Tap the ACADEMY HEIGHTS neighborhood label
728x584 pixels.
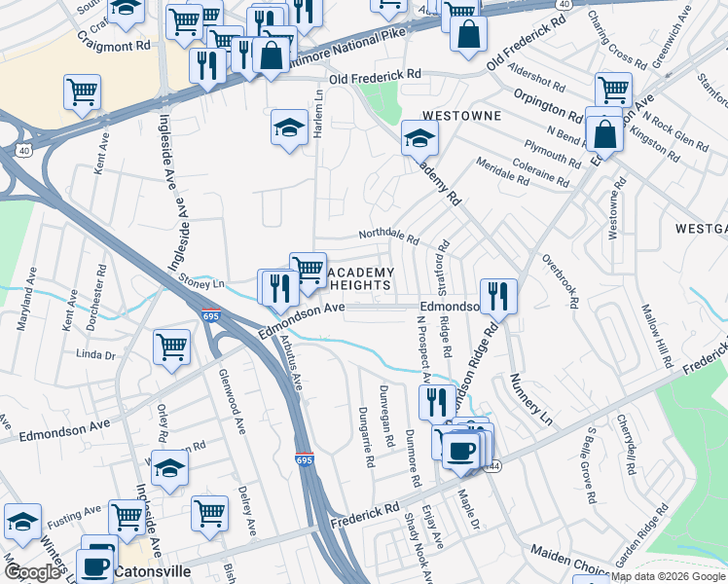[x=358, y=279]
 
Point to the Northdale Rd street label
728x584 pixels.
[x=387, y=237]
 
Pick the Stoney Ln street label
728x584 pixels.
[x=201, y=281]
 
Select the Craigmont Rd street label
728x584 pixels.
[x=114, y=45]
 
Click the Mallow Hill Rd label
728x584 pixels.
[x=655, y=335]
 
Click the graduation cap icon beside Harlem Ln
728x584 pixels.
[x=289, y=128]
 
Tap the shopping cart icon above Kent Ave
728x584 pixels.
[x=83, y=91]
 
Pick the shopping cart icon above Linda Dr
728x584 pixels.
[x=171, y=345]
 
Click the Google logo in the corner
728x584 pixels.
[x=32, y=572]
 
